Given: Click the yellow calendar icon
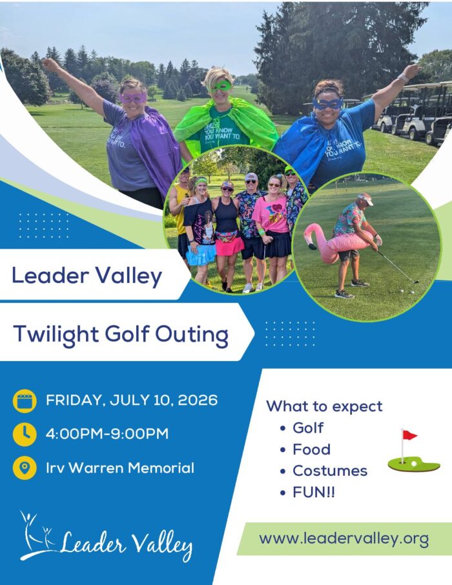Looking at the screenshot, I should point(24,401).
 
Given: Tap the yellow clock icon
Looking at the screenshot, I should point(24,434).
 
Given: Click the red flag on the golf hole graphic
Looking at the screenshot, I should point(409,435).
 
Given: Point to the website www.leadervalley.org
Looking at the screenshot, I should point(344,539).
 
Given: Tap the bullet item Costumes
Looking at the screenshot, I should point(329,471).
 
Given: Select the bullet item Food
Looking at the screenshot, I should point(311,449).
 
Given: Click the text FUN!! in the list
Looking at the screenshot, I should point(314,493).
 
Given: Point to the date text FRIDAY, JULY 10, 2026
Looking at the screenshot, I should point(132,400).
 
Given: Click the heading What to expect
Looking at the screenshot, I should point(324,406).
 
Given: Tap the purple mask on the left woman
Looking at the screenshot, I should point(133,98).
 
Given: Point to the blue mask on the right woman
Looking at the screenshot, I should point(327,104).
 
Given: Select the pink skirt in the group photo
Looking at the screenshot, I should point(229,246).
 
